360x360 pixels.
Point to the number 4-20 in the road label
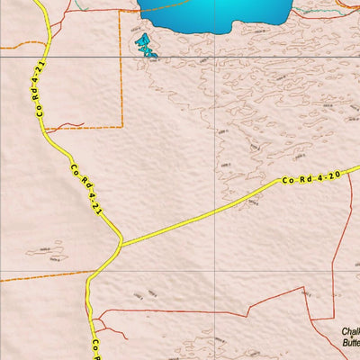tap(328, 175)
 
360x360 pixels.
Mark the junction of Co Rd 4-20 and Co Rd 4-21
tap(120, 243)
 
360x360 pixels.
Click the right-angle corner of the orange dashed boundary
tap(121, 127)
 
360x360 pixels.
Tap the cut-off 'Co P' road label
tap(93, 346)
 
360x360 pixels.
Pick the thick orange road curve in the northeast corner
tap(346, 7)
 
